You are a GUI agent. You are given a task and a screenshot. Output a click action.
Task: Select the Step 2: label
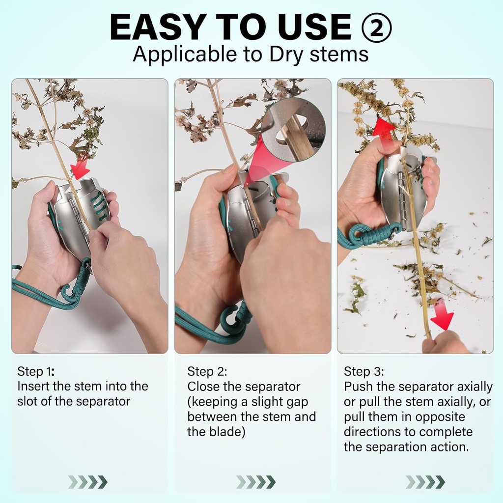(x=207, y=371)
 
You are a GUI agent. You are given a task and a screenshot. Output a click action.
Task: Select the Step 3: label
(x=364, y=371)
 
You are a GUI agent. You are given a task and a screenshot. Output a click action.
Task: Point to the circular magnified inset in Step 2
(x=293, y=129)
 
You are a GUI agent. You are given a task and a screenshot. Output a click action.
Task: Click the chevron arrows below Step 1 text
(x=87, y=482)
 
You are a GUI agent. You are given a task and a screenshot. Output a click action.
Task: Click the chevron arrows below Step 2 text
(x=256, y=482)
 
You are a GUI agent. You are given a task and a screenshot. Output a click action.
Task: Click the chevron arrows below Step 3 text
(x=425, y=482)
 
